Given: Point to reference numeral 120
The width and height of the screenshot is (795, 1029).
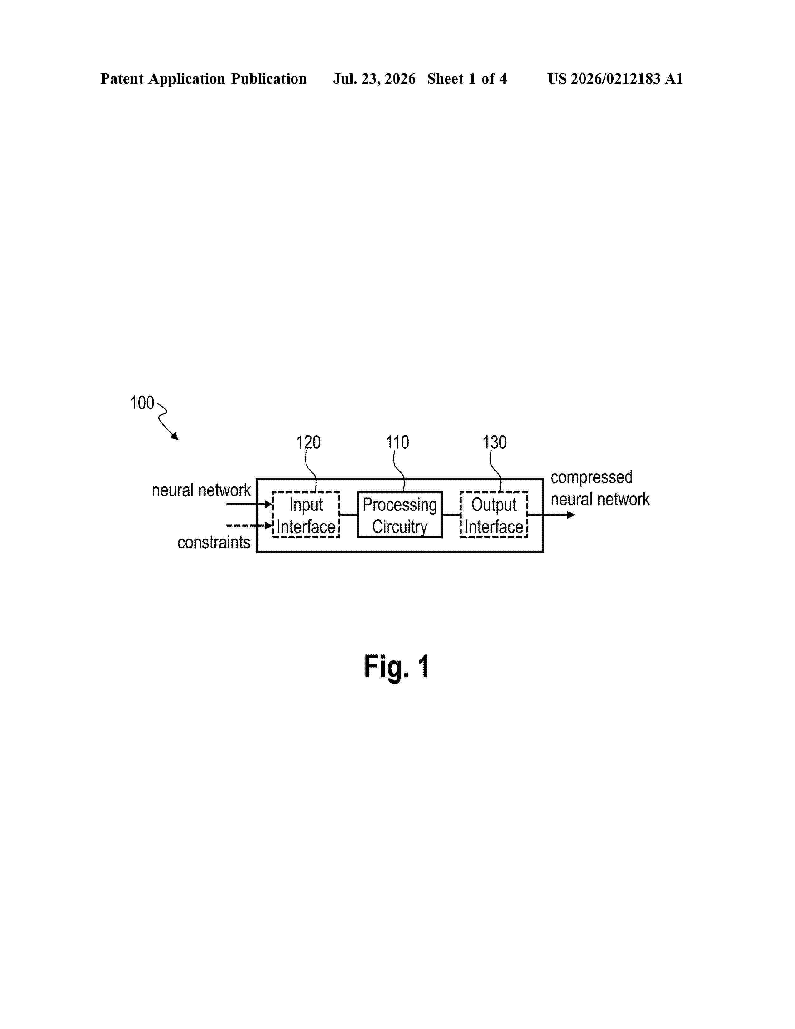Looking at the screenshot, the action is (x=308, y=442).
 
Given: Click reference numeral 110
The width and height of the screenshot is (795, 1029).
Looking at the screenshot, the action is (x=397, y=442).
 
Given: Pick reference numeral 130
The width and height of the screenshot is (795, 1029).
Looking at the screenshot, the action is (x=494, y=442).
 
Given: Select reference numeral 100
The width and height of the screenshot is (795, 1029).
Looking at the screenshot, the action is (x=142, y=403).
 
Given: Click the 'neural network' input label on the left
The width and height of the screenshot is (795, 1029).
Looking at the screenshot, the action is (x=201, y=490).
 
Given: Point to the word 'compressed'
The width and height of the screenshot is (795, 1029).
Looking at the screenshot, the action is (x=591, y=478).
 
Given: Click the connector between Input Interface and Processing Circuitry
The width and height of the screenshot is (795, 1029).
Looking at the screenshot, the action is (x=349, y=514).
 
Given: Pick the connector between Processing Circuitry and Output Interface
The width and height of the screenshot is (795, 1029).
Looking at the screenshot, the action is (x=451, y=514).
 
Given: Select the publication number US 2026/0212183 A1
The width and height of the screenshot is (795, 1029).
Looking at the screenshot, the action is (x=615, y=79).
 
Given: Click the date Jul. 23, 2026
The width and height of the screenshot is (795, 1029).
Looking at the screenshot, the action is (x=374, y=79).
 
